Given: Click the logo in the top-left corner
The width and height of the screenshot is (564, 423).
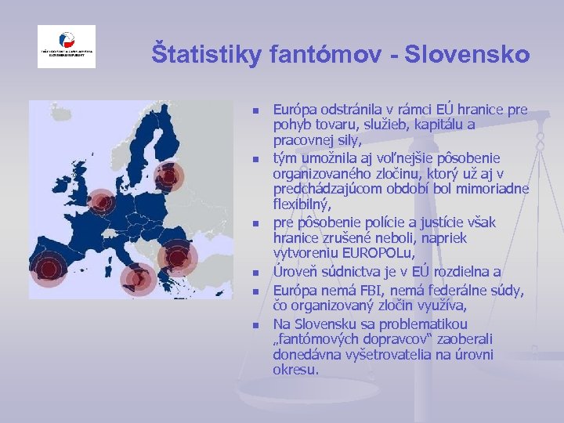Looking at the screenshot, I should point(67,46).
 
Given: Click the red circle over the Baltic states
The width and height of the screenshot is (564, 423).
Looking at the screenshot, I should point(166,179).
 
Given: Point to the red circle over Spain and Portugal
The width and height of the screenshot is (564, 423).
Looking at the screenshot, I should point(49,269).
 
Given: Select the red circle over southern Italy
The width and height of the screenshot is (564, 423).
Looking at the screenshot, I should point(140,277).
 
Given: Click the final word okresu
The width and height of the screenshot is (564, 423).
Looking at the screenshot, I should point(295,369).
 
